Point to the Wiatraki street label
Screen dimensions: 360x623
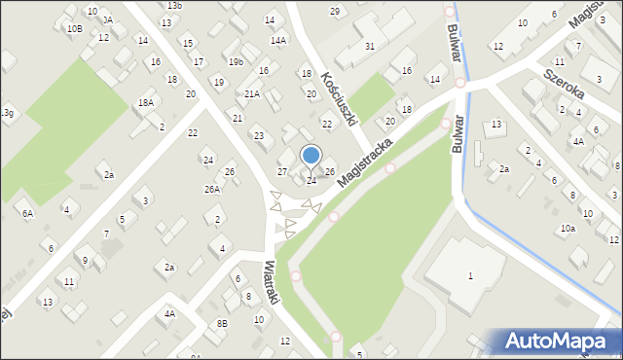pyautogui.click(x=272, y=282)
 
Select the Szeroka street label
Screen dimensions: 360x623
pyautogui.click(x=564, y=76)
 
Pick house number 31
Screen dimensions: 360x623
pyautogui.click(x=370, y=46)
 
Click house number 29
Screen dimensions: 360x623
pyautogui.click(x=335, y=11)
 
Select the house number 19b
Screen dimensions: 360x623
pyautogui.click(x=237, y=61)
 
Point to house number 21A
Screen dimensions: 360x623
pyautogui.click(x=252, y=94)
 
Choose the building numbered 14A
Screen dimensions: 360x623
pyautogui.click(x=278, y=41)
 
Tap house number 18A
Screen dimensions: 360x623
pyautogui.click(x=145, y=102)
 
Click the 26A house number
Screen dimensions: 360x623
pyautogui.click(x=211, y=189)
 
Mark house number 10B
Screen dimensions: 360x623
pyautogui.click(x=75, y=29)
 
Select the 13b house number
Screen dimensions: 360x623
pyautogui.click(x=173, y=6)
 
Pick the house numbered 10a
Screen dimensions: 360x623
pyautogui.click(x=567, y=228)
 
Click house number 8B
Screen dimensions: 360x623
pyautogui.click(x=222, y=323)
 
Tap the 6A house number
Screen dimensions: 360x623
pyautogui.click(x=27, y=212)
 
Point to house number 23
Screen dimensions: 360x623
pyautogui.click(x=258, y=135)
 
